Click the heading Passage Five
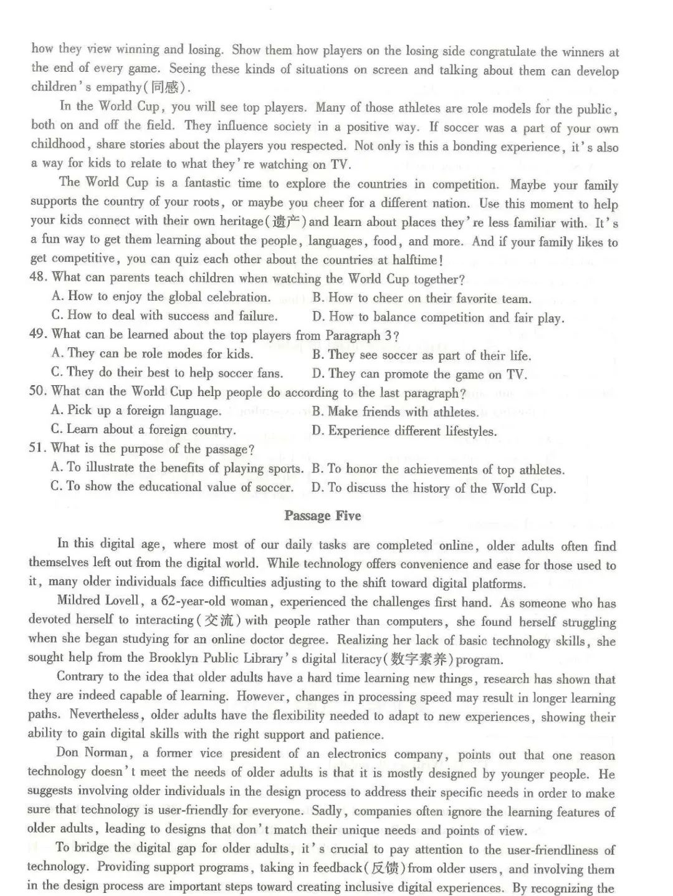[322, 516]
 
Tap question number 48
[38, 277]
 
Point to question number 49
[38, 334]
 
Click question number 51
[38, 448]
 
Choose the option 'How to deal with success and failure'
[171, 316]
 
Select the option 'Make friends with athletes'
[403, 412]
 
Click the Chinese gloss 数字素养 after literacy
[421, 659]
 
